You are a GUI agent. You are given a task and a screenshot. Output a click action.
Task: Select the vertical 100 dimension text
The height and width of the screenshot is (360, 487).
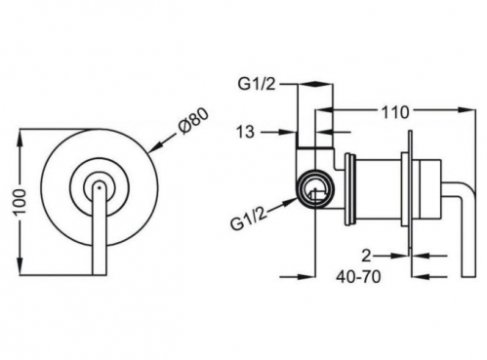pos(20,202)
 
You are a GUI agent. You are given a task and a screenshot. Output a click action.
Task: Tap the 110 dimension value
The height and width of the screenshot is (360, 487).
pos(394,113)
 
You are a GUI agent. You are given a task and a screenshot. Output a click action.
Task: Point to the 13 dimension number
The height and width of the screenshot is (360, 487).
pos(245,132)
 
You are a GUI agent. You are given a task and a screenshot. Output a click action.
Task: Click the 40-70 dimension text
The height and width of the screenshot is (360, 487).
pos(358,277)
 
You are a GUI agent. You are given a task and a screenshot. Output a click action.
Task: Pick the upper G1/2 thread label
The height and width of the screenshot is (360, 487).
pos(257,84)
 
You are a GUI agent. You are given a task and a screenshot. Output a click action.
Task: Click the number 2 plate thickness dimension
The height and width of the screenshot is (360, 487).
pos(367,256)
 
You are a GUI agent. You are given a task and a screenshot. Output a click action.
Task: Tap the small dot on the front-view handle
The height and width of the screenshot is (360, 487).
pos(99,186)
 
